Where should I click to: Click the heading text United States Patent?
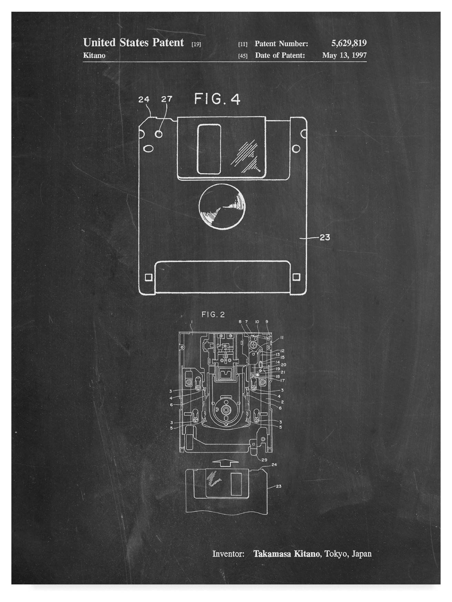[133, 43]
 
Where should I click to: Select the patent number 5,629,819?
[349, 43]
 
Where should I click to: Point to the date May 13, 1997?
[344, 55]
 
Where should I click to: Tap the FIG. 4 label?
[217, 99]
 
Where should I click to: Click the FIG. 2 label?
[213, 314]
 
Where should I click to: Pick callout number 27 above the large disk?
[167, 99]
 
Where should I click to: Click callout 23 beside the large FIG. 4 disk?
[325, 237]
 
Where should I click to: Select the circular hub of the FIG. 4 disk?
[222, 206]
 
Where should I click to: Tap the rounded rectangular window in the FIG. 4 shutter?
[209, 149]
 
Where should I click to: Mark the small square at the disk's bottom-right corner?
[296, 277]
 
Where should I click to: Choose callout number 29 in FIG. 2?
[264, 460]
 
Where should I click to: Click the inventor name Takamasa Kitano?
[286, 554]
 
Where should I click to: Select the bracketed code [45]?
[243, 56]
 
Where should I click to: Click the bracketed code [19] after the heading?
[196, 44]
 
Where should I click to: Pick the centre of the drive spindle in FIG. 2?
[226, 409]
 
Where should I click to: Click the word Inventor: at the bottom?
[228, 554]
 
